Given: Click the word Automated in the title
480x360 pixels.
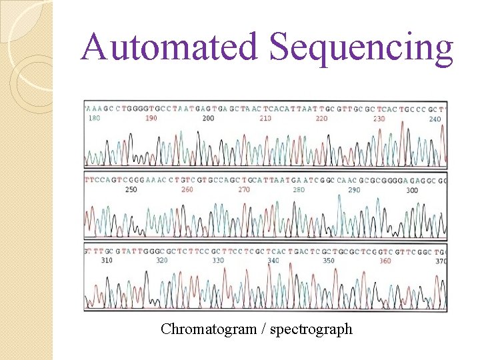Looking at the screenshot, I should [171, 47].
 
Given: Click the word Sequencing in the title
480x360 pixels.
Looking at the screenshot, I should [361, 49].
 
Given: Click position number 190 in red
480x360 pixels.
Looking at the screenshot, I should [151, 118].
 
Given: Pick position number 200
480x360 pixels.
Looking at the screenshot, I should [208, 118].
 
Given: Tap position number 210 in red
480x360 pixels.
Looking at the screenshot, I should [265, 118].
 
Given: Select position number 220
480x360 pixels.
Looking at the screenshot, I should [321, 118].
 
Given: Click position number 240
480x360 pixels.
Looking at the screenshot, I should [435, 119].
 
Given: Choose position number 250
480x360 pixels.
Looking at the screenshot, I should [131, 190].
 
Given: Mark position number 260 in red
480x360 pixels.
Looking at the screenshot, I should [187, 190].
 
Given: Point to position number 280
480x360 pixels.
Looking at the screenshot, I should [299, 190].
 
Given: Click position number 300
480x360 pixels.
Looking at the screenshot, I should [412, 190].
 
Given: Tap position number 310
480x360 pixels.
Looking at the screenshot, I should [107, 261].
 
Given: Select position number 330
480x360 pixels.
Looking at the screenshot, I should [218, 261].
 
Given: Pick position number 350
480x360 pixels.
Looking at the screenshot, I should [329, 261].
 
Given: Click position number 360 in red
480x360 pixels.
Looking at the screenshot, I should [385, 261].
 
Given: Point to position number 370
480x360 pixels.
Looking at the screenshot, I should [440, 261].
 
